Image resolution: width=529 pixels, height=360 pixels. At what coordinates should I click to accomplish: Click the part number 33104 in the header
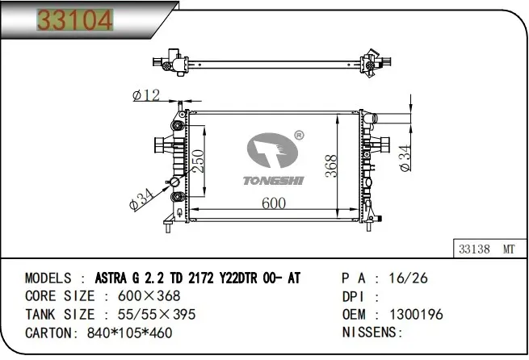tap(75, 20)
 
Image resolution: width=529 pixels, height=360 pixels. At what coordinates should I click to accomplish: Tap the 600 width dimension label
tap(274, 203)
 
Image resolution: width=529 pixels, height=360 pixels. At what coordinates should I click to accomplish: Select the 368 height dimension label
tap(331, 165)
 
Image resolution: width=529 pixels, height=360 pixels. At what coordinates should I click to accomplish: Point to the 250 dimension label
tap(198, 161)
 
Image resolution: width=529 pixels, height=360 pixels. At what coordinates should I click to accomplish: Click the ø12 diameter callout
tap(146, 95)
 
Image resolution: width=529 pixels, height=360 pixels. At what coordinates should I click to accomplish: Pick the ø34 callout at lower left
tap(141, 199)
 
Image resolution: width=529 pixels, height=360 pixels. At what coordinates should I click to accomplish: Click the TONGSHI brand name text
tap(274, 181)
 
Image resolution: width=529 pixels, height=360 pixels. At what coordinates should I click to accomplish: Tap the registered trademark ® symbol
tap(300, 136)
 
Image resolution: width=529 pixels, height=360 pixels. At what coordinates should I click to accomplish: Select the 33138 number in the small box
tap(474, 249)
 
